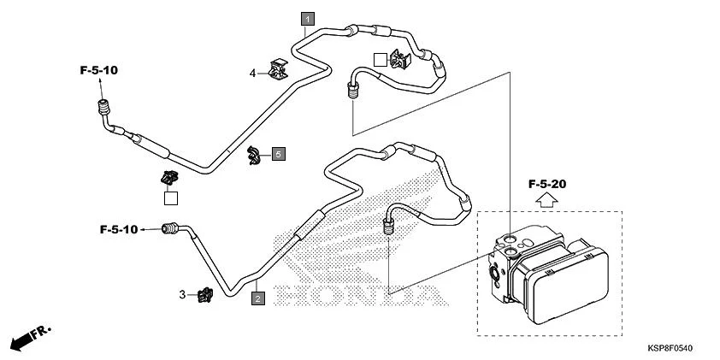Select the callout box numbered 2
coord(257,298)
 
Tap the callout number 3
coord(182,294)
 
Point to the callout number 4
coord(253,74)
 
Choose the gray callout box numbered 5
coord(279,154)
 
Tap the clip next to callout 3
coord(205,294)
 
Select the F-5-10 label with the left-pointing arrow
coord(118,229)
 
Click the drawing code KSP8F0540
coord(669,349)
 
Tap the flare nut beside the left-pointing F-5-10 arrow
coord(171,228)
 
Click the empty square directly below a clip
coord(171,198)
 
